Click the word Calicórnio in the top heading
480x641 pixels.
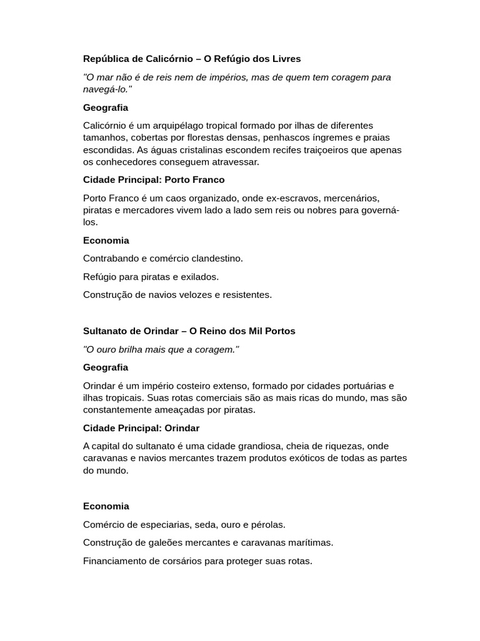point(155,59)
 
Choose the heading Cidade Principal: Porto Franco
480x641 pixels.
point(154,180)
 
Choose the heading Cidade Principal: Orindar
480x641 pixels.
point(141,428)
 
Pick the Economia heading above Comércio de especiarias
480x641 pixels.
point(106,506)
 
